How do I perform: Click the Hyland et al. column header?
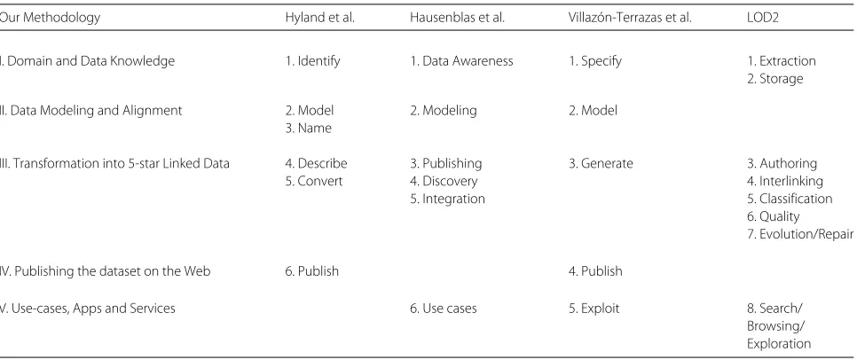pyautogui.click(x=319, y=18)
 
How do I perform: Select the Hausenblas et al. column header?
pyautogui.click(x=457, y=18)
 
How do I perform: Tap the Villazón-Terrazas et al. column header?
pyautogui.click(x=630, y=18)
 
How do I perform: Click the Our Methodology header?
pyautogui.click(x=50, y=18)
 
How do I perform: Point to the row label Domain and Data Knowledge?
pyautogui.click(x=88, y=61)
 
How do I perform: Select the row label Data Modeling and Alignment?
pyautogui.click(x=90, y=110)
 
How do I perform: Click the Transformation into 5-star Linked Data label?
pyautogui.click(x=114, y=163)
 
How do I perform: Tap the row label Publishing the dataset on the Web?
pyautogui.click(x=105, y=271)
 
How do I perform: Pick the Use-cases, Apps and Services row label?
pyautogui.click(x=88, y=309)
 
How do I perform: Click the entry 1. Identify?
pyautogui.click(x=312, y=61)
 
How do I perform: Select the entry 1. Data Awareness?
pyautogui.click(x=462, y=61)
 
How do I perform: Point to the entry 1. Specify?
pyautogui.click(x=595, y=61)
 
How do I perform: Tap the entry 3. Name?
pyautogui.click(x=308, y=128)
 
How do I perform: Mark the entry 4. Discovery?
pyautogui.click(x=444, y=181)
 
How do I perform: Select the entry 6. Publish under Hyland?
pyautogui.click(x=312, y=271)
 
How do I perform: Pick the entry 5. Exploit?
pyautogui.click(x=594, y=309)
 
